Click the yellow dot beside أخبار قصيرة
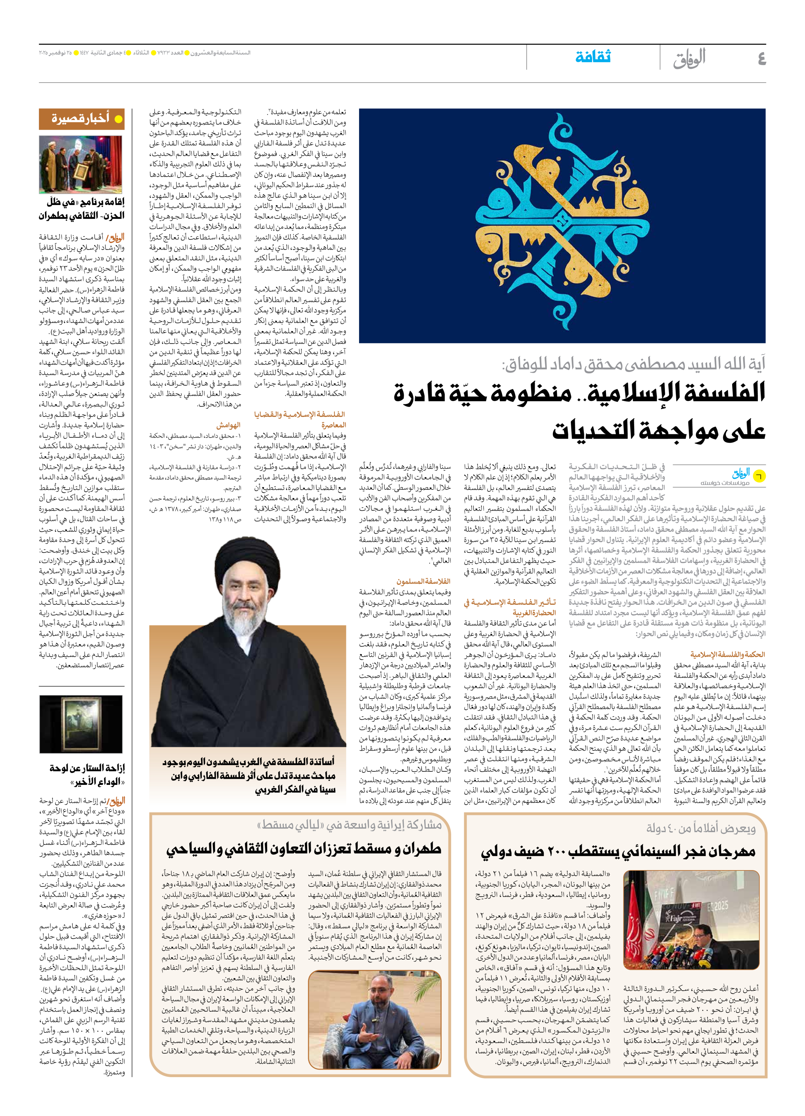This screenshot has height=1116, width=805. tap(118, 119)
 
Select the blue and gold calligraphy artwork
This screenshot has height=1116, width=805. tap(562, 225)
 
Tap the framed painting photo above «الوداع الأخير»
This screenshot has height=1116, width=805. tap(81, 724)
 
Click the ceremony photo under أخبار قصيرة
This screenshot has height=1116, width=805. tap(81, 165)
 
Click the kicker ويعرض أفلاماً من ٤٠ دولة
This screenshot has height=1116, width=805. tap(701, 829)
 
